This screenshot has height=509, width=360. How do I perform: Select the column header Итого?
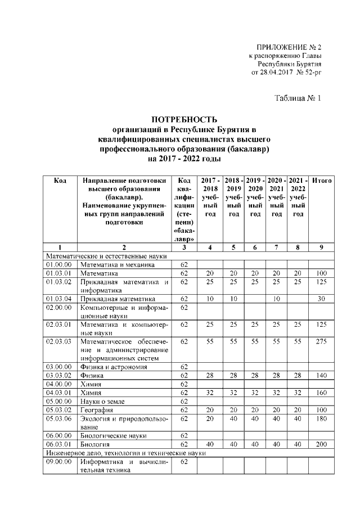click(x=322, y=181)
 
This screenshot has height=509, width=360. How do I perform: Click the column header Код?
click(x=60, y=181)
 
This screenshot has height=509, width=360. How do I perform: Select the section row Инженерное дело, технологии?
click(x=127, y=453)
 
